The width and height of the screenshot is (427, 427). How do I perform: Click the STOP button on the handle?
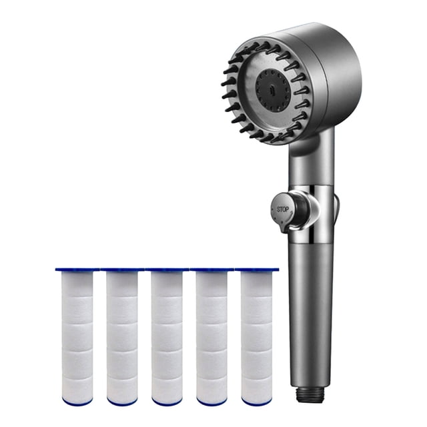tap(284, 209)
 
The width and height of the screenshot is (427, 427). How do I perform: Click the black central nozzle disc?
tap(272, 89)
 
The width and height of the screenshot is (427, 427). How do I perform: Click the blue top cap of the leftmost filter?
tap(77, 270)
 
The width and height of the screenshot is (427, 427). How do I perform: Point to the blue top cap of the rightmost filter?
tap(256, 270)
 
